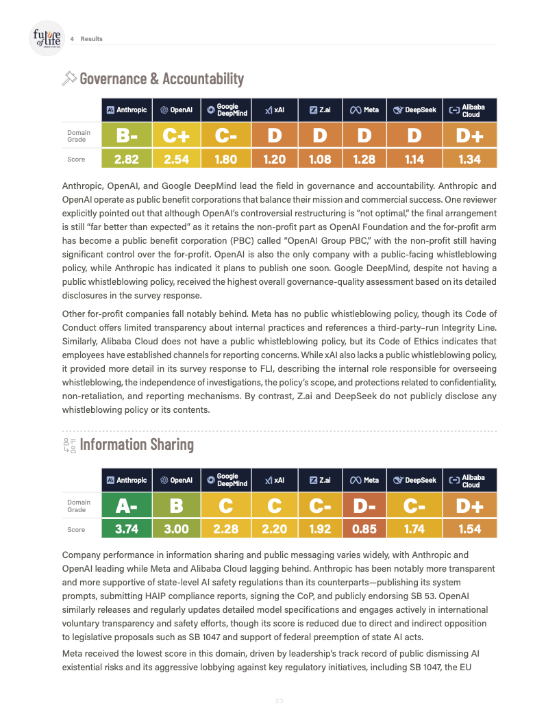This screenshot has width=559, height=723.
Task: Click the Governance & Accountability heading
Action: pos(162,79)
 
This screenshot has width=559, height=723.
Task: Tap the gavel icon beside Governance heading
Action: pos(69,79)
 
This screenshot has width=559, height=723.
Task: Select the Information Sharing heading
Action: pos(137,444)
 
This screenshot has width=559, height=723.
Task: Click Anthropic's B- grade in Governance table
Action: pos(127,136)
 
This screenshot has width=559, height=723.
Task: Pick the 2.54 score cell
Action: pos(176,160)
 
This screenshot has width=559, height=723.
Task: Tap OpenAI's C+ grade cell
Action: pos(176,136)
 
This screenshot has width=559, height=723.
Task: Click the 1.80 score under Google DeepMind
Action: pos(225,160)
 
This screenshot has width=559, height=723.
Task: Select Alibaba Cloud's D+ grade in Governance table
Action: pos(470,136)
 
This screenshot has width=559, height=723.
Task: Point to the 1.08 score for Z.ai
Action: pos(320,160)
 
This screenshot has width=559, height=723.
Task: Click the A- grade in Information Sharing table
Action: pos(127,505)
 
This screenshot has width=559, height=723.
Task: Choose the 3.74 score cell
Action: pos(127,529)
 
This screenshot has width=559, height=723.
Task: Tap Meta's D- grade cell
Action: pos(364,505)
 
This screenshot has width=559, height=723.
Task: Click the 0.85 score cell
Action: pos(364,529)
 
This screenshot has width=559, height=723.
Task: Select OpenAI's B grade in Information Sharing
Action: pos(176,505)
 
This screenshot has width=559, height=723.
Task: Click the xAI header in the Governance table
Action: pos(275,110)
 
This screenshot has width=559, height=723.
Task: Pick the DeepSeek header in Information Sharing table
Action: pos(415,480)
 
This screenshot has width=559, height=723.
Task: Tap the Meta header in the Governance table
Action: pos(364,110)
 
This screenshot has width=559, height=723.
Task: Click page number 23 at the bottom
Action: pos(279,701)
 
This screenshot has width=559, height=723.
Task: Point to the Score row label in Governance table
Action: pos(76,160)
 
